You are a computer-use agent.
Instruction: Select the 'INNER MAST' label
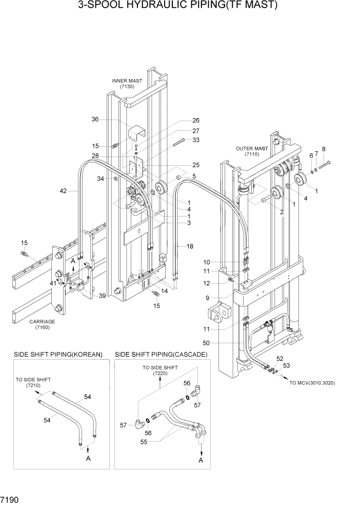[x=128, y=81]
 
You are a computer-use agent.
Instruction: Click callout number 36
[x=95, y=119]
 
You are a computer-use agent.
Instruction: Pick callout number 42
[x=63, y=191]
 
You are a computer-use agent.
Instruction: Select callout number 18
[x=190, y=247]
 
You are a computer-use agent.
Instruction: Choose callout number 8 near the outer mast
[x=323, y=149]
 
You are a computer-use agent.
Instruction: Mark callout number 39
[x=103, y=296]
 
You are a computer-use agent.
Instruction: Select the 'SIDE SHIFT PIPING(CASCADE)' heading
[x=161, y=354]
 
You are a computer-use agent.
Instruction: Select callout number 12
[x=206, y=283]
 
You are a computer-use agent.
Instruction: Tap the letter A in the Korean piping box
[x=88, y=458]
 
